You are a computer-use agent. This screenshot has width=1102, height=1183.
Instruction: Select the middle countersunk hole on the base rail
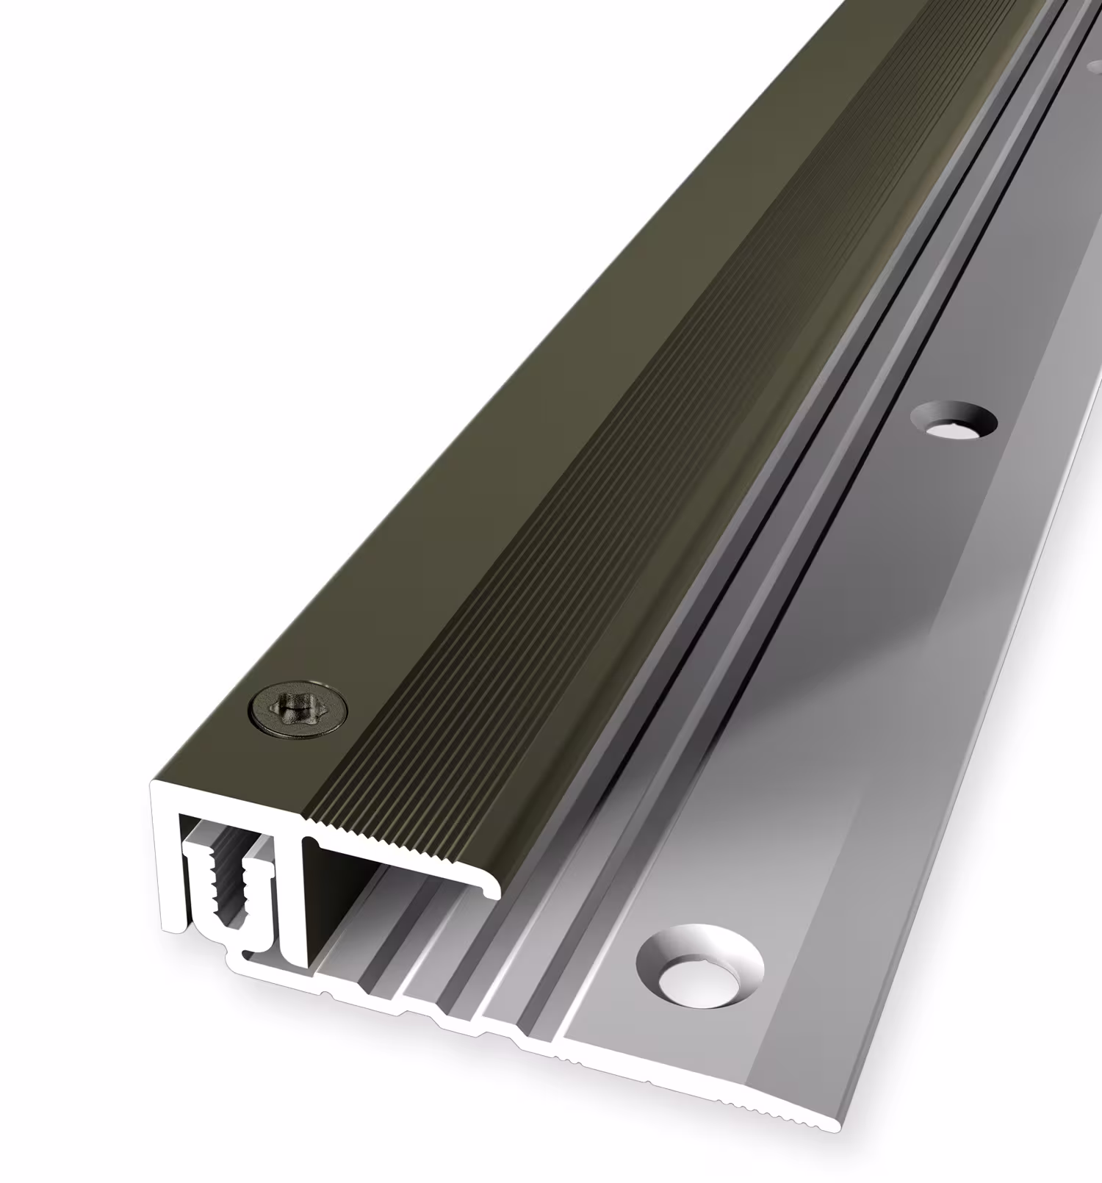pos(954,422)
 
